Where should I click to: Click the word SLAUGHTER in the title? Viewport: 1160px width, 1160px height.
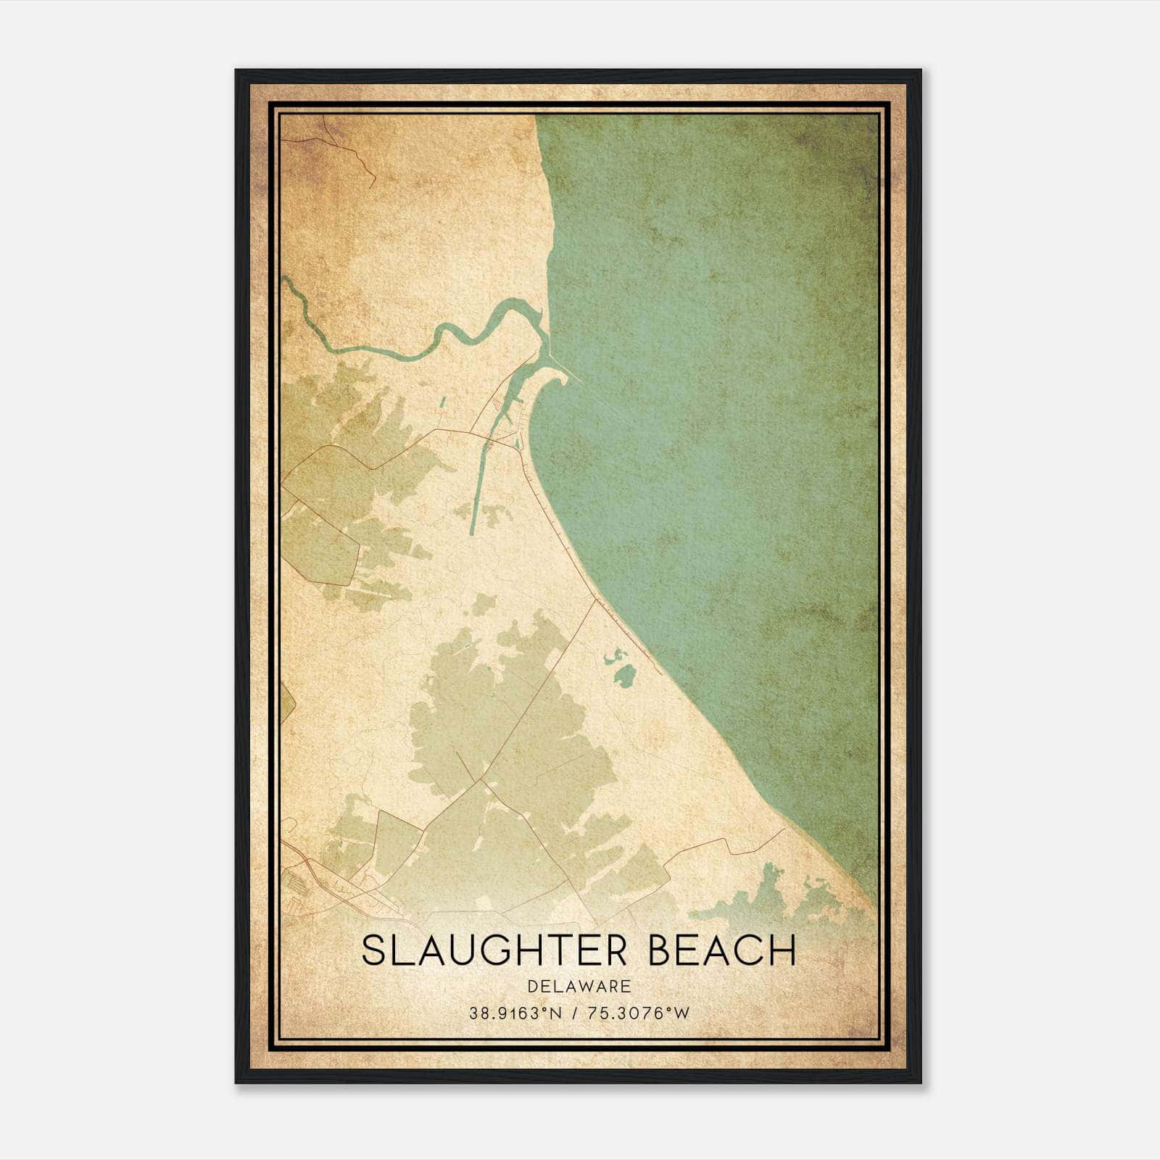coord(492,950)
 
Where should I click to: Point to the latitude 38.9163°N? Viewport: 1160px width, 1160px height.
coord(515,1014)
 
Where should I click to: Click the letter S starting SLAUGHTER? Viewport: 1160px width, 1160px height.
coord(373,950)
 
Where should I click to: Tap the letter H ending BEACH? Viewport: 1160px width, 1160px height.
coord(783,950)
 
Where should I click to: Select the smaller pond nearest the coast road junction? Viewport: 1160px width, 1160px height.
coord(611,657)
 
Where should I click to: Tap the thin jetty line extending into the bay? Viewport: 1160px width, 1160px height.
coord(565,362)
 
